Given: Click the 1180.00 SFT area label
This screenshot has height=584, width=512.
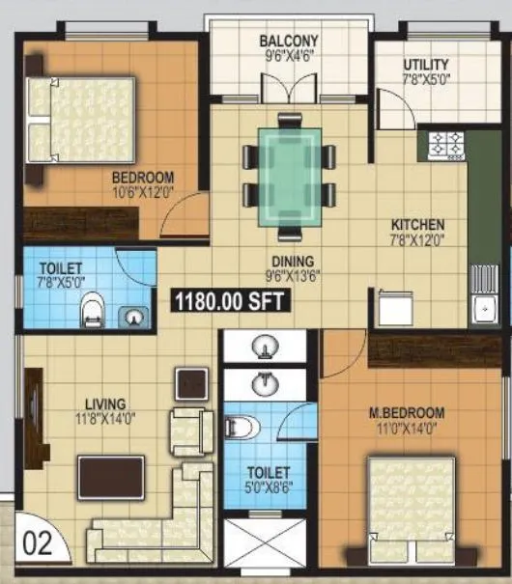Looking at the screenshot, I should pos(230,301).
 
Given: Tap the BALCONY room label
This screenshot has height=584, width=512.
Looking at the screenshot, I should pos(288,42).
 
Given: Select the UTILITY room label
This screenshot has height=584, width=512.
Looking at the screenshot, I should pos(426,65).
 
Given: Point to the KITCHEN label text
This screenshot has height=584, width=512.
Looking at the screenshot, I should pos(416,225).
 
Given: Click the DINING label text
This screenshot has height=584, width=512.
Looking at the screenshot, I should pos(291,261).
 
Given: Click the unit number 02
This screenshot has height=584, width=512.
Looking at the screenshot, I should pos(36,542).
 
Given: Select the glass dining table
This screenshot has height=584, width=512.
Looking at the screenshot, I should pos(290,174).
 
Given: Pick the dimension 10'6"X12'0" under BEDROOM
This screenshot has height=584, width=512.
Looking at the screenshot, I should pos(143,191).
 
